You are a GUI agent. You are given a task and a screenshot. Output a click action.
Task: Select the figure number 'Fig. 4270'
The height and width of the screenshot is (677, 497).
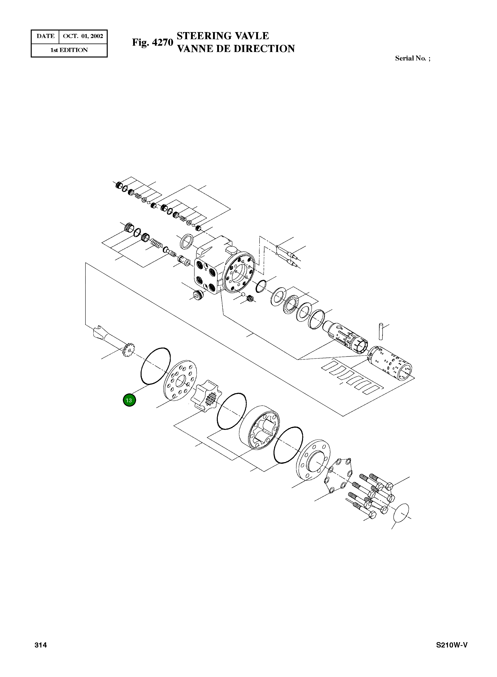click(153, 42)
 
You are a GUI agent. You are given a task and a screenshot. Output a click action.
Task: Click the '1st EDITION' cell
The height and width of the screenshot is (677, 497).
click(69, 50)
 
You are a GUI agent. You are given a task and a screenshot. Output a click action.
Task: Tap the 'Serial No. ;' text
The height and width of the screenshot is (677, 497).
click(413, 58)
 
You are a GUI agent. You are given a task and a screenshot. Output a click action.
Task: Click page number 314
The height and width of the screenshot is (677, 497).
click(41, 645)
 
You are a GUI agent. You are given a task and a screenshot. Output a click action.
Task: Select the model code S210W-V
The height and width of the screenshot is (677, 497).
click(452, 645)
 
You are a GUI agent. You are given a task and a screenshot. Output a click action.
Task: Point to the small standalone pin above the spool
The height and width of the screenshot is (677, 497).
click(381, 331)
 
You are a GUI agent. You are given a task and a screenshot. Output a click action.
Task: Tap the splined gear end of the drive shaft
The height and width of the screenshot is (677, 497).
click(129, 350)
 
